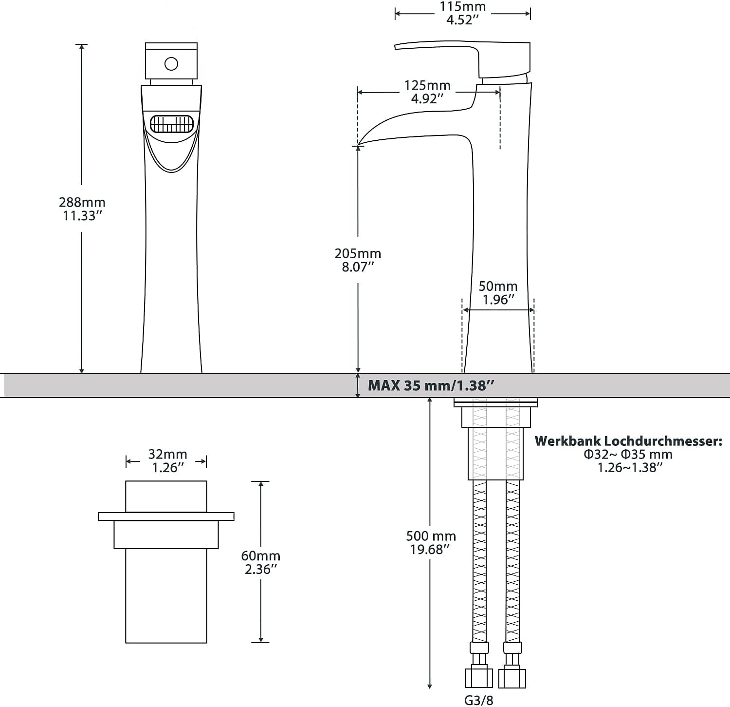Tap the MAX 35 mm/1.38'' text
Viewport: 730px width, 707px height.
point(431,386)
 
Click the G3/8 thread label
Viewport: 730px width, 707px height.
point(478,700)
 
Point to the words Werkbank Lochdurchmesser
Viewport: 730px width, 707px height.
point(628,441)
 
